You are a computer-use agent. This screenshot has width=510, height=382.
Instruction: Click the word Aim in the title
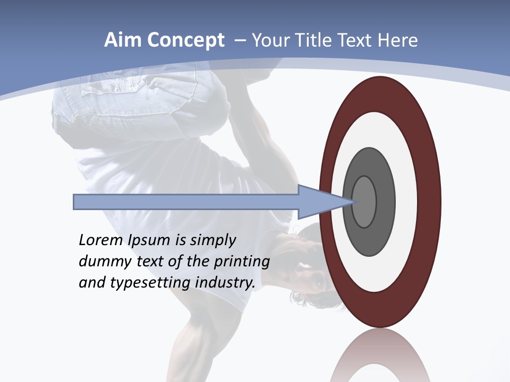click(x=122, y=40)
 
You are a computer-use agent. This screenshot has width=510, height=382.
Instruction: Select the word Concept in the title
click(x=184, y=41)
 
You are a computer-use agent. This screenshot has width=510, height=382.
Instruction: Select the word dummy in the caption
click(x=101, y=262)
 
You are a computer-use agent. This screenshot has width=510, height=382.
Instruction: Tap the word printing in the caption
click(x=242, y=262)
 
